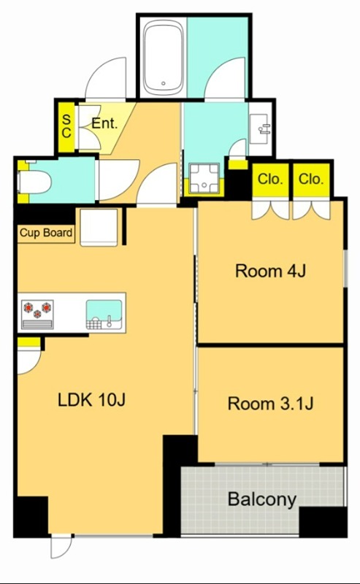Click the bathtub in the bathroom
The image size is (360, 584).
[x=164, y=57]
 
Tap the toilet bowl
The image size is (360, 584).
[x=34, y=182]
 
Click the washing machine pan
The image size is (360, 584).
[x=204, y=178]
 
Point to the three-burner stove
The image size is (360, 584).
[x=37, y=314]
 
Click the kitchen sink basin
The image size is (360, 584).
[x=104, y=314]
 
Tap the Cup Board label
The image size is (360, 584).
[x=46, y=233]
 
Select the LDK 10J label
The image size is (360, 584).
[x=91, y=400]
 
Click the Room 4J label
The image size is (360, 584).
[x=271, y=271]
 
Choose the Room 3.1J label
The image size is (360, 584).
[x=271, y=404]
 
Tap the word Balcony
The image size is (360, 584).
[x=262, y=499]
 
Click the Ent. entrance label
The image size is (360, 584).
[x=104, y=123]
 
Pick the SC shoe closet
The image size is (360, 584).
[x=66, y=126]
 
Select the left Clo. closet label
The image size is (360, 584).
[x=270, y=180]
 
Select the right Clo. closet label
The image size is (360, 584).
[x=311, y=180]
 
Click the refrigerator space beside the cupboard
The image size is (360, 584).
[x=99, y=227]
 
